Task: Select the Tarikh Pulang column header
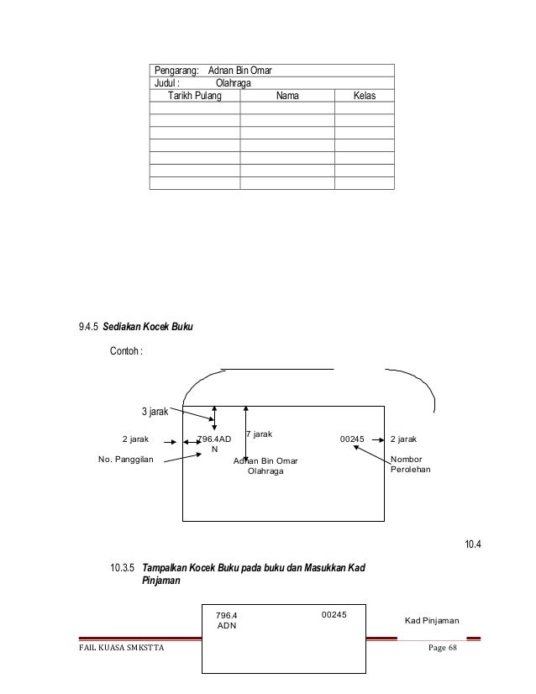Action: [194, 97]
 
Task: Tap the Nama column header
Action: [287, 97]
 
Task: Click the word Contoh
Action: [127, 350]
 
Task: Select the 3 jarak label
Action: [154, 412]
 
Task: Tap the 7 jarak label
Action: [258, 434]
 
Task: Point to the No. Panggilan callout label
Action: [127, 460]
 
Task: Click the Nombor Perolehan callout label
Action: [410, 466]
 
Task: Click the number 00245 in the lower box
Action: [334, 615]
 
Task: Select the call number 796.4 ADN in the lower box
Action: [228, 621]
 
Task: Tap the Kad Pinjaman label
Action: [432, 621]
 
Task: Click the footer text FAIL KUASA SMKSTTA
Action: [118, 655]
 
